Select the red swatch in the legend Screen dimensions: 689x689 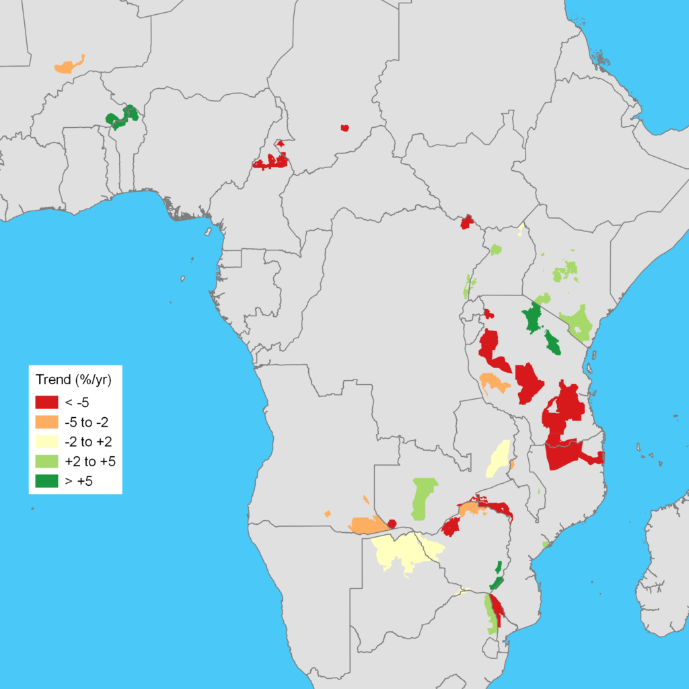[46, 402]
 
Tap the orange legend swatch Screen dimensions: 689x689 [46, 423]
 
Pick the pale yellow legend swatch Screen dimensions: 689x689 [46, 442]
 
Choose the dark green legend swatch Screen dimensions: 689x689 [46, 481]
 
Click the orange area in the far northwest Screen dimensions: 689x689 [67, 66]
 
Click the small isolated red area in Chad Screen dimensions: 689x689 [345, 128]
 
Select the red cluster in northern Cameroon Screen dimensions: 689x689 [270, 161]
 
